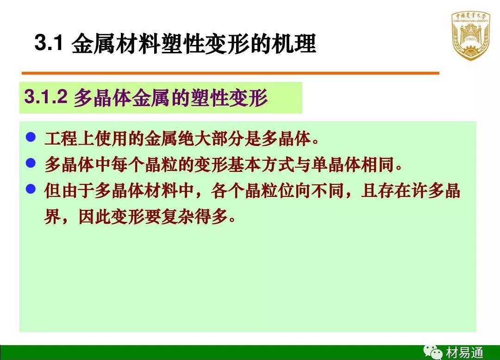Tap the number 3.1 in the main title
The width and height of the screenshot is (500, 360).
point(48,44)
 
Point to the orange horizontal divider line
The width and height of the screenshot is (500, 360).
point(230,73)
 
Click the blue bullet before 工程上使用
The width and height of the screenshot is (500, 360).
point(31,137)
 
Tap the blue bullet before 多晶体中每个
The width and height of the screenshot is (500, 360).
point(31,163)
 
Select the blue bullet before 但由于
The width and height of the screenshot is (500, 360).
point(31,189)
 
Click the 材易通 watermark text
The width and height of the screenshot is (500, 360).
point(464,353)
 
